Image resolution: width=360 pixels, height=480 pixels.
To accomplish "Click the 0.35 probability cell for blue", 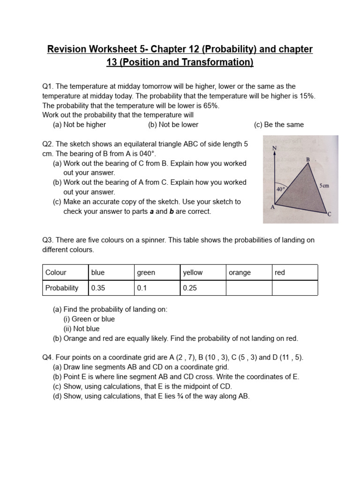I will pos(111,288).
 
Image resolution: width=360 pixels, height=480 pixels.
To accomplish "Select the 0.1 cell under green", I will pos(157,288).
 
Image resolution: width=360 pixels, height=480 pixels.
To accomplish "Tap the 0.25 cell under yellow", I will pos(202,288).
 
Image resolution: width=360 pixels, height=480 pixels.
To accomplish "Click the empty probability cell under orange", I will pos(248,288).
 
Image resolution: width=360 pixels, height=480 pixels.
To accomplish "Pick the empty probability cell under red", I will pos(294,288).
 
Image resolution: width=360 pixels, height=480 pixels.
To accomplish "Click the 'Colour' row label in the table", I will pos(56,272).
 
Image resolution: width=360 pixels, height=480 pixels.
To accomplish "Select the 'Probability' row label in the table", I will pos(62,288).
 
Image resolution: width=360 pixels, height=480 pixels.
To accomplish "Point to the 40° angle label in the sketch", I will pos(281,189).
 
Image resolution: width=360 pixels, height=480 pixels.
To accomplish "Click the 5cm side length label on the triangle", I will pos(324,186).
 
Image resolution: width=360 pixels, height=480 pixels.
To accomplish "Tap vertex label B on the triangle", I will pos(308,160).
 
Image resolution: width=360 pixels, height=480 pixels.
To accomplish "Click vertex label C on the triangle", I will pos(329,214).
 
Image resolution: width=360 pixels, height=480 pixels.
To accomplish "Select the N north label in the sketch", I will pos(275,148).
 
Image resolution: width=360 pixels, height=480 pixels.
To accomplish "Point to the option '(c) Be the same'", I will pos(279,125).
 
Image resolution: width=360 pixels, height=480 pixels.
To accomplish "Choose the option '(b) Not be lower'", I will pos(173,125).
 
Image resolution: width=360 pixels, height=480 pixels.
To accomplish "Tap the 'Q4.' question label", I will pos(48,357).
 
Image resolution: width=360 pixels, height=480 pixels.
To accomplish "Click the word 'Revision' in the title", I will pos(66,49).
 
